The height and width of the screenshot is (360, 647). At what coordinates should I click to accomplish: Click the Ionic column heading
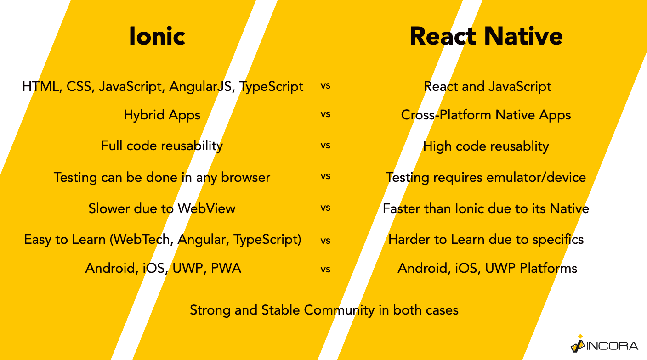click(157, 36)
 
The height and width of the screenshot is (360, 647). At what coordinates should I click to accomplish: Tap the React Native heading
click(486, 36)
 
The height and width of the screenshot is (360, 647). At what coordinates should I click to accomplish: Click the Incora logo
click(604, 344)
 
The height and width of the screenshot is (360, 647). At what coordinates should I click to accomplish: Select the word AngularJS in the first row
click(200, 86)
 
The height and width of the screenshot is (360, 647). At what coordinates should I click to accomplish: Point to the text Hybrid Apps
click(162, 115)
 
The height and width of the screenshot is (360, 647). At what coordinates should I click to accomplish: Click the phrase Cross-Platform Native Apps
click(486, 115)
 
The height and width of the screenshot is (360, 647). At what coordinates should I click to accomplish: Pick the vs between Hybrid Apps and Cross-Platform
click(325, 114)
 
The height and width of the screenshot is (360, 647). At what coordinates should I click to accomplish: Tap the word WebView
click(206, 208)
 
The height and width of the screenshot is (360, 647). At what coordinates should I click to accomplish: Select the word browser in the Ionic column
click(245, 177)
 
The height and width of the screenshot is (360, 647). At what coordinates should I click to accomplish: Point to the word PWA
click(226, 268)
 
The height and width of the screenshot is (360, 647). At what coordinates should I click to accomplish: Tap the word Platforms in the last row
click(548, 268)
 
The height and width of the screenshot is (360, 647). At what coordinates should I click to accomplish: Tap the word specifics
click(558, 240)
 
